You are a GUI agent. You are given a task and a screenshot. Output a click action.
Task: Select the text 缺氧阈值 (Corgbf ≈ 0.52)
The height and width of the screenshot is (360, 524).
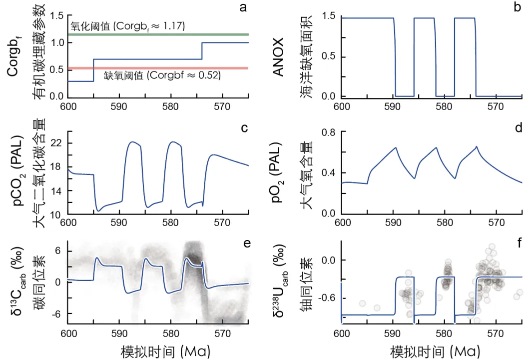162,76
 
